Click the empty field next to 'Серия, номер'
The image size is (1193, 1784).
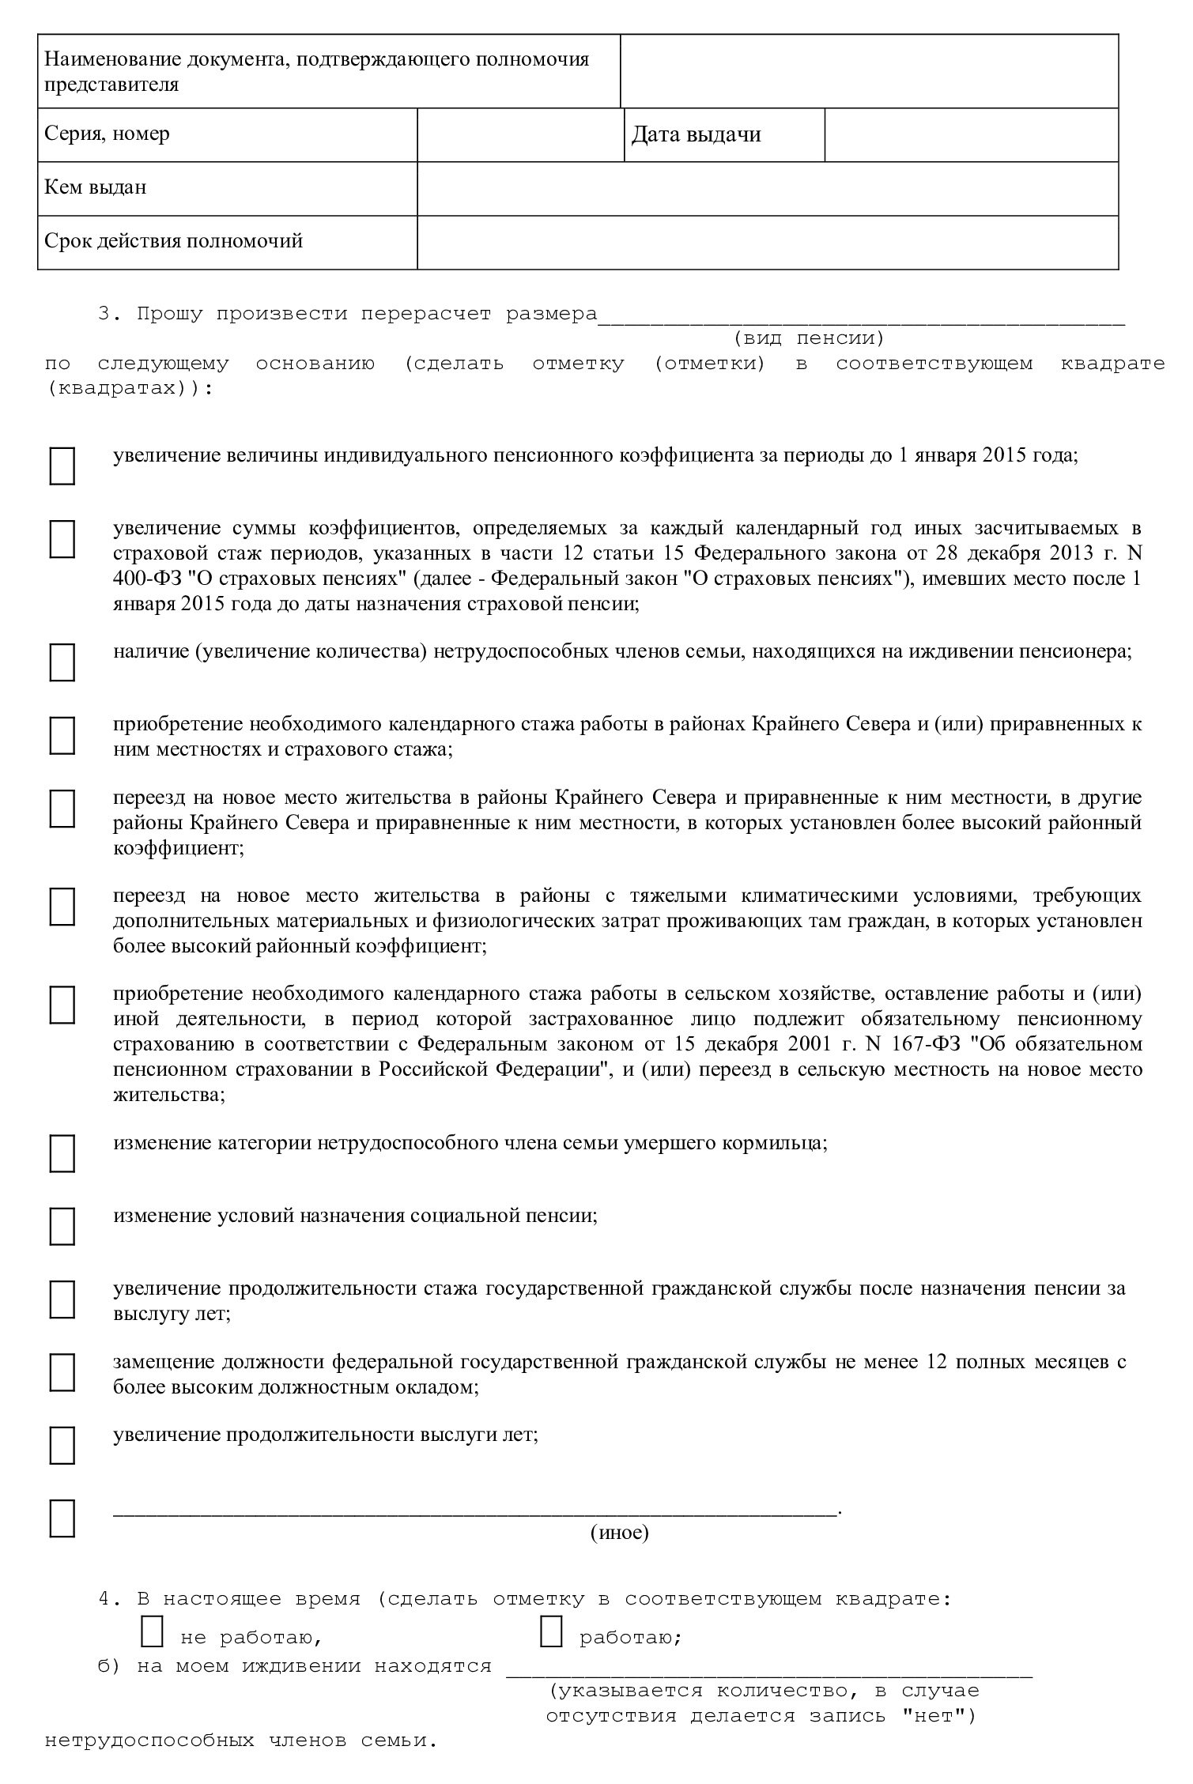(x=519, y=134)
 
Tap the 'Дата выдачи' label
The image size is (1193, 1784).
(x=696, y=134)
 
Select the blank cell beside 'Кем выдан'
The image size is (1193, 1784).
(x=767, y=188)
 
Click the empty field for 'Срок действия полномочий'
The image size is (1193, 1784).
(x=767, y=242)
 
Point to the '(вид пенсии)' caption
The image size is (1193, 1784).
(x=808, y=339)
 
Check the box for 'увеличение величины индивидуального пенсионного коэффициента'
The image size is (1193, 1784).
(x=62, y=466)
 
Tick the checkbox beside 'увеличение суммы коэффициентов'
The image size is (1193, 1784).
(x=62, y=538)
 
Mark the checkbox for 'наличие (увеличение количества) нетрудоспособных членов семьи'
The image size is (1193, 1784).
(x=62, y=662)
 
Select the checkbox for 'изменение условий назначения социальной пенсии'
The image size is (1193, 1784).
(x=62, y=1225)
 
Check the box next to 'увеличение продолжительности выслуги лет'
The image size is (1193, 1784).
(x=62, y=1445)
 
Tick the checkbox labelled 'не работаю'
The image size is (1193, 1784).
(x=152, y=1631)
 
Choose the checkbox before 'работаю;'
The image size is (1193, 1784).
(x=551, y=1631)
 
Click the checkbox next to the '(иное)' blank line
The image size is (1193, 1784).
(x=62, y=1518)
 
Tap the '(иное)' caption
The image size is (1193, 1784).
(x=619, y=1533)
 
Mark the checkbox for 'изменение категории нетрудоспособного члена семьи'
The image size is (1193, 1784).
(x=62, y=1153)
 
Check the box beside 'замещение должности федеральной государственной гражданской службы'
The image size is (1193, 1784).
(x=62, y=1371)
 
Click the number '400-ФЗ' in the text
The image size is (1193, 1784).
(x=149, y=579)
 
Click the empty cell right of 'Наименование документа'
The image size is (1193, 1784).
(x=869, y=71)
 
